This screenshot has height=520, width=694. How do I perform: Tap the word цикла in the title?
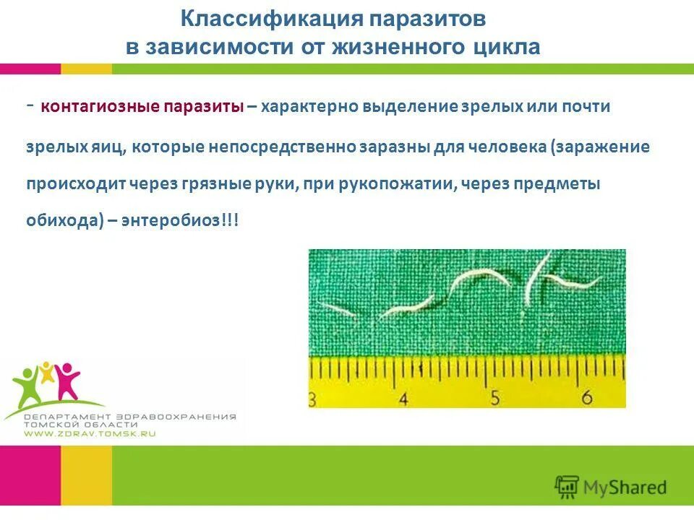coord(504,47)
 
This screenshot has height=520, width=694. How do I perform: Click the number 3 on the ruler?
coord(312,398)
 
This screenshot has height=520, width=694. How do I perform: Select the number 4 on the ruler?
coord(403,398)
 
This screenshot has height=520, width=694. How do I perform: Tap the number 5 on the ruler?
coord(495,397)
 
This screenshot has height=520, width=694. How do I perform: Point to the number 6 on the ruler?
coord(586,397)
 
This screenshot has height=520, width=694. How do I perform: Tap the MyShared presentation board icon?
coord(567,487)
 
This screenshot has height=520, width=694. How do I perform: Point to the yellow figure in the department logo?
coord(47,373)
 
